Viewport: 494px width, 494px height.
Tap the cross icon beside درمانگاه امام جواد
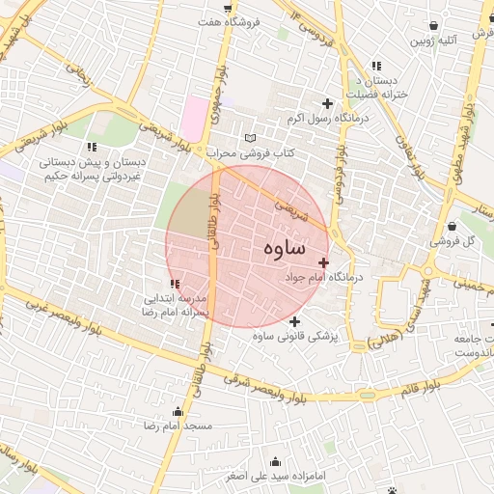[x=323, y=262]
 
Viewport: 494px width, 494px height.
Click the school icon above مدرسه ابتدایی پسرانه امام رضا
[x=175, y=284]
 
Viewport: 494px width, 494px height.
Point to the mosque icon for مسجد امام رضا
[x=177, y=411]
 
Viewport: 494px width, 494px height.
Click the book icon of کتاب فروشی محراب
[x=252, y=138]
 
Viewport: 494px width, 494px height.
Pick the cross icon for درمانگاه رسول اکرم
[x=327, y=103]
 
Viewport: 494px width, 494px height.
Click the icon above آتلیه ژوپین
[x=437, y=26]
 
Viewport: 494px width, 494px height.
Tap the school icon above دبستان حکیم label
[x=93, y=147]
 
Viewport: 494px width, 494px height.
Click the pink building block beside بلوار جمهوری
[x=196, y=118]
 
